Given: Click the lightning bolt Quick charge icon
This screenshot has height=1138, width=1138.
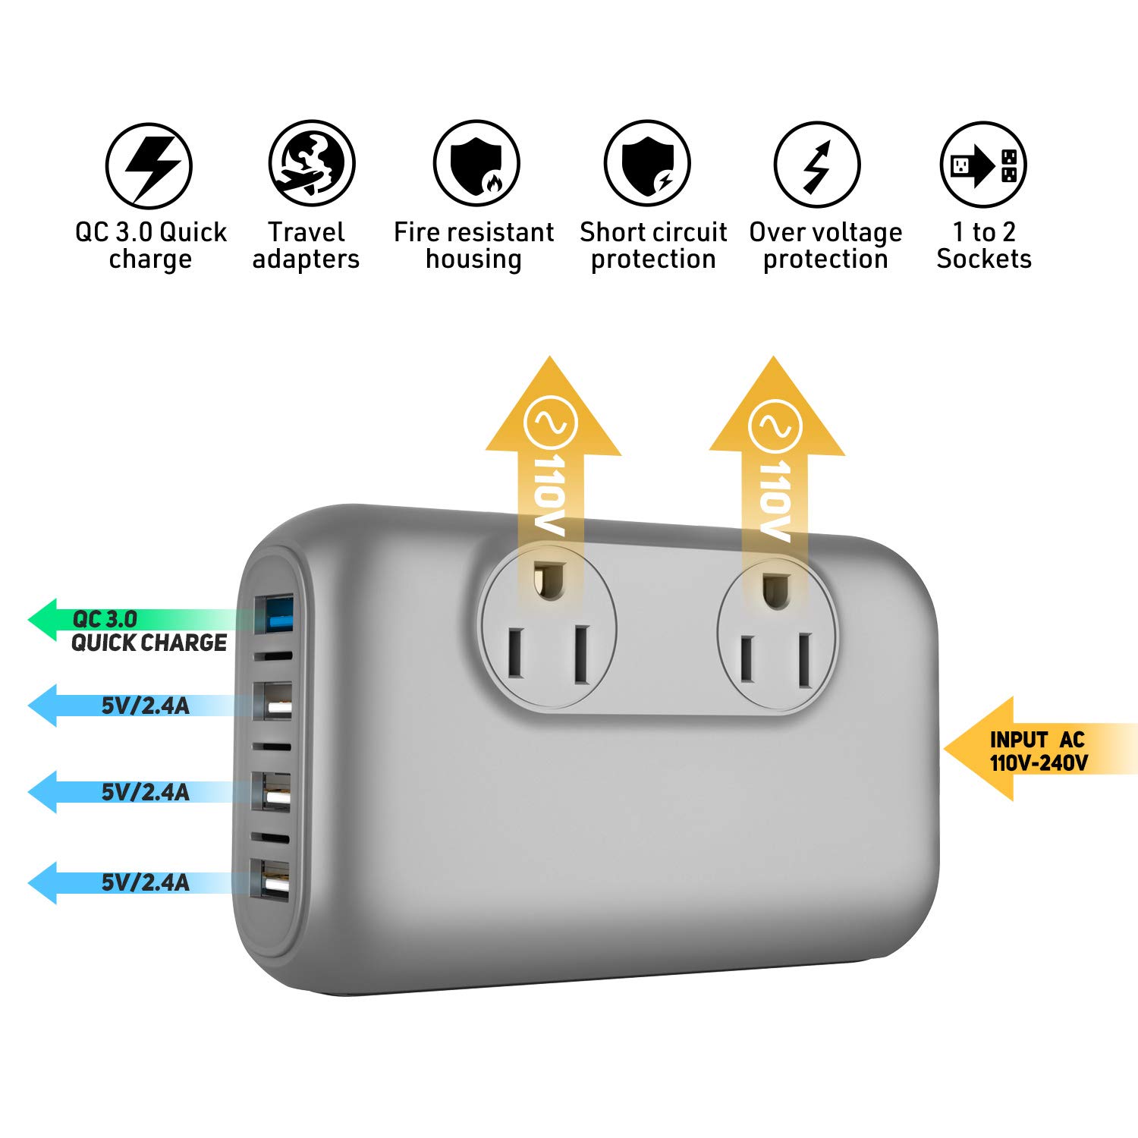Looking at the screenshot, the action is click(149, 165).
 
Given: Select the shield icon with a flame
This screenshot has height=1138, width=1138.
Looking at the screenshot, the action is click(476, 164).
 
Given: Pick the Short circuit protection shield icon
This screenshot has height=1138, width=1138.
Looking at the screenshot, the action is click(647, 164).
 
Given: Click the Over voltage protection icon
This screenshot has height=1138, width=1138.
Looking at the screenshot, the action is click(817, 165).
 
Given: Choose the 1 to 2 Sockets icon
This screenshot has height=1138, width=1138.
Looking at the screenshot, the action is click(983, 165).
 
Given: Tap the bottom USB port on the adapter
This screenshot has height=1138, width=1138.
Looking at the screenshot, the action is click(275, 880).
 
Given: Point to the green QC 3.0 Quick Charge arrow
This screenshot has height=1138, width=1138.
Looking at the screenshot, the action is click(129, 621).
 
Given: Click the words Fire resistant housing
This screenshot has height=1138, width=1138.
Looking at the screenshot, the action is click(473, 245).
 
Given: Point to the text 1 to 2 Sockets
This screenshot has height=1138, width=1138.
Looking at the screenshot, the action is click(984, 245).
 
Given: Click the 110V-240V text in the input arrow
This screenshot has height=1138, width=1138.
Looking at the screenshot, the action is click(1039, 762).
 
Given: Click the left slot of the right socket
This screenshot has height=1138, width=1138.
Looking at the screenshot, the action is click(747, 659).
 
